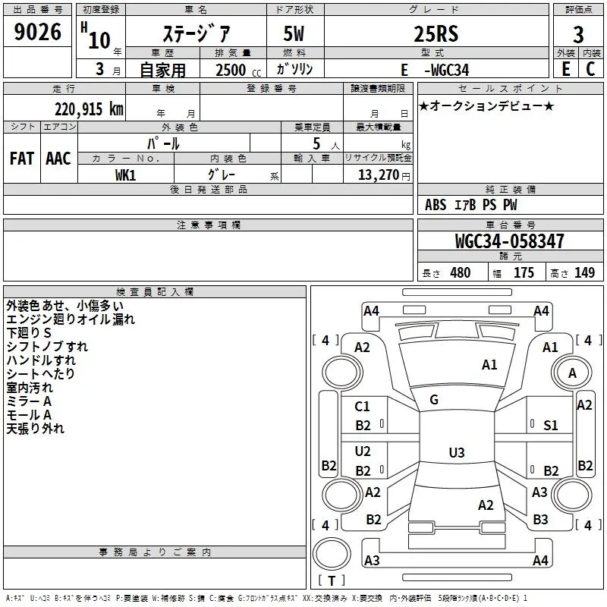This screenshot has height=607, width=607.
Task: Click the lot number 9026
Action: (x=37, y=32)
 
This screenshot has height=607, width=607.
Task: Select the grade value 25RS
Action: (x=436, y=33)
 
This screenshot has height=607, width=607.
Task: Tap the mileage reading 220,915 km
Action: (x=89, y=109)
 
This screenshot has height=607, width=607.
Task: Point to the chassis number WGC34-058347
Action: (x=509, y=241)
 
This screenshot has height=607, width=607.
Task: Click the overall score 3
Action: (x=578, y=34)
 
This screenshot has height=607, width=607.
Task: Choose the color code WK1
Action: (x=125, y=175)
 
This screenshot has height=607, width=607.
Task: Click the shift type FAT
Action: (x=22, y=159)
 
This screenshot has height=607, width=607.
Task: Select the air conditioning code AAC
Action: (x=58, y=159)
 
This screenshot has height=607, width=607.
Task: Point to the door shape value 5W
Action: (x=294, y=33)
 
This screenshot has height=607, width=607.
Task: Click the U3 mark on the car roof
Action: (x=457, y=452)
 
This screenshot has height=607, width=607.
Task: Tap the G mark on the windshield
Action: (x=434, y=400)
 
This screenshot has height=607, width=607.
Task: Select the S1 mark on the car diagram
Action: (x=551, y=426)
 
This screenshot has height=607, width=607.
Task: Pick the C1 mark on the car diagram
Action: (x=362, y=407)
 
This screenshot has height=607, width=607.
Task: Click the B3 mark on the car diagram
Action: (x=540, y=520)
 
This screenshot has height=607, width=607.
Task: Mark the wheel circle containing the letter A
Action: (x=572, y=373)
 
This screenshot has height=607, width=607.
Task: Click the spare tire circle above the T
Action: (x=332, y=554)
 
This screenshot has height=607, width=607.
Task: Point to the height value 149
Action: (x=584, y=272)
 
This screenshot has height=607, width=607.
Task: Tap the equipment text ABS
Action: (x=436, y=205)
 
